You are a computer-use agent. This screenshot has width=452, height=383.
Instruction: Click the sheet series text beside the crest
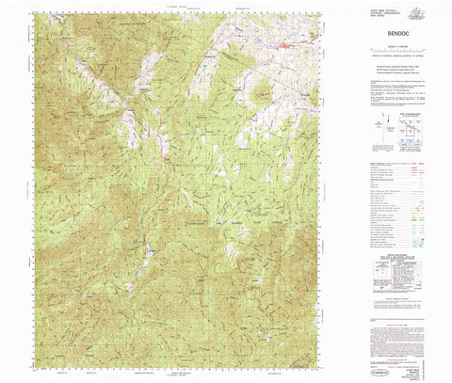point(386,11)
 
